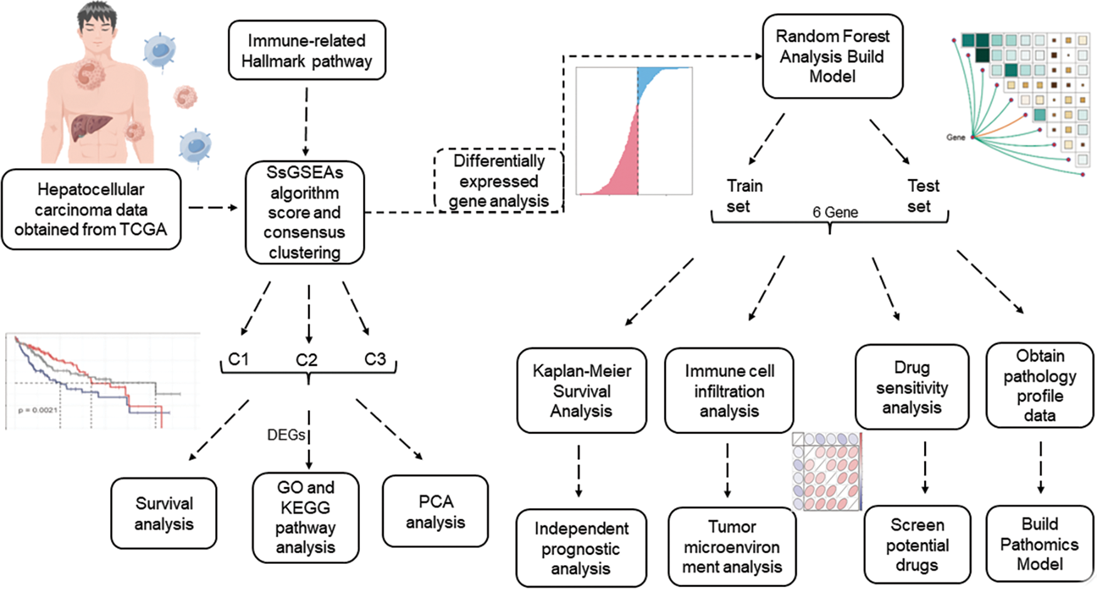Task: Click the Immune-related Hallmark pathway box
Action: coord(307,51)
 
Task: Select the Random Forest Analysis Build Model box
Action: coord(832,56)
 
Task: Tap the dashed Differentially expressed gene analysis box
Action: coord(499,181)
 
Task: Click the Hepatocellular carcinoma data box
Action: coord(91,210)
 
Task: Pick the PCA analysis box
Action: coord(435,512)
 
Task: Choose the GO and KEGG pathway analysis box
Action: coord(306,517)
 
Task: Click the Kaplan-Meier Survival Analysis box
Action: coord(581,391)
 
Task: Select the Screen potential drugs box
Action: coord(917,545)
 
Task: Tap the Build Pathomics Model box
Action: coord(1039,544)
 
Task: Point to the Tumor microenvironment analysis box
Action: coord(732,547)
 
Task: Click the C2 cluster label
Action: coord(307,360)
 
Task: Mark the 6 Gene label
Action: coord(835,213)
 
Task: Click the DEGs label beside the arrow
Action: coord(286,435)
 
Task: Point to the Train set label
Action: coord(744,196)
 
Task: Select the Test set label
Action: coord(923,196)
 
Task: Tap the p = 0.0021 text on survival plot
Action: coord(38,410)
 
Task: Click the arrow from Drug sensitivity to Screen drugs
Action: coord(925,467)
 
